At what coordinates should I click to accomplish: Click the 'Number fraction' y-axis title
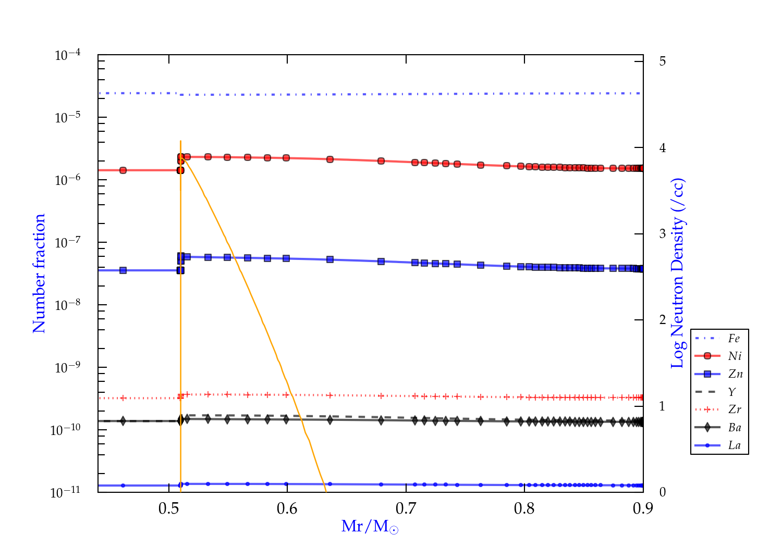click(x=39, y=273)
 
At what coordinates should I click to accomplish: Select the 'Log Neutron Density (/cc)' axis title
click(x=678, y=273)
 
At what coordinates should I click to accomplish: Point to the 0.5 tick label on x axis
click(x=169, y=508)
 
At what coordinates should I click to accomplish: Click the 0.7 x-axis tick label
click(x=406, y=508)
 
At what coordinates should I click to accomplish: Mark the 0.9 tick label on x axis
click(x=643, y=508)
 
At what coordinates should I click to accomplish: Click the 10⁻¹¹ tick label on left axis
click(x=66, y=492)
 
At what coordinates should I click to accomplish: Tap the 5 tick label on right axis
click(x=663, y=61)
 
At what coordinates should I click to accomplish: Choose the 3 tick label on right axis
click(x=663, y=233)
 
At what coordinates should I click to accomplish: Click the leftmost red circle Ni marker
click(x=123, y=170)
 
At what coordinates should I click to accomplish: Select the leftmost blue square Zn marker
click(x=123, y=270)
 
